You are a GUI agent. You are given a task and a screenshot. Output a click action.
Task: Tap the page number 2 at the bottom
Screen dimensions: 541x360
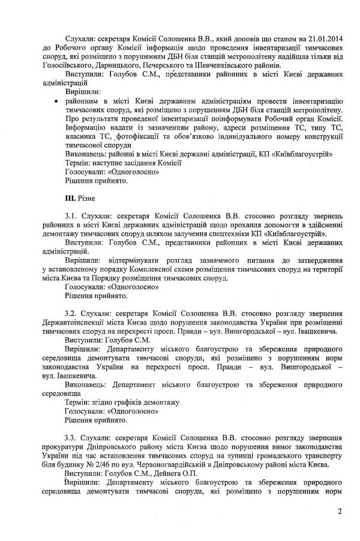339,511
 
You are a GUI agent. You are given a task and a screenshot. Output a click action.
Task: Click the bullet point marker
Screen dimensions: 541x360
56,103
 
